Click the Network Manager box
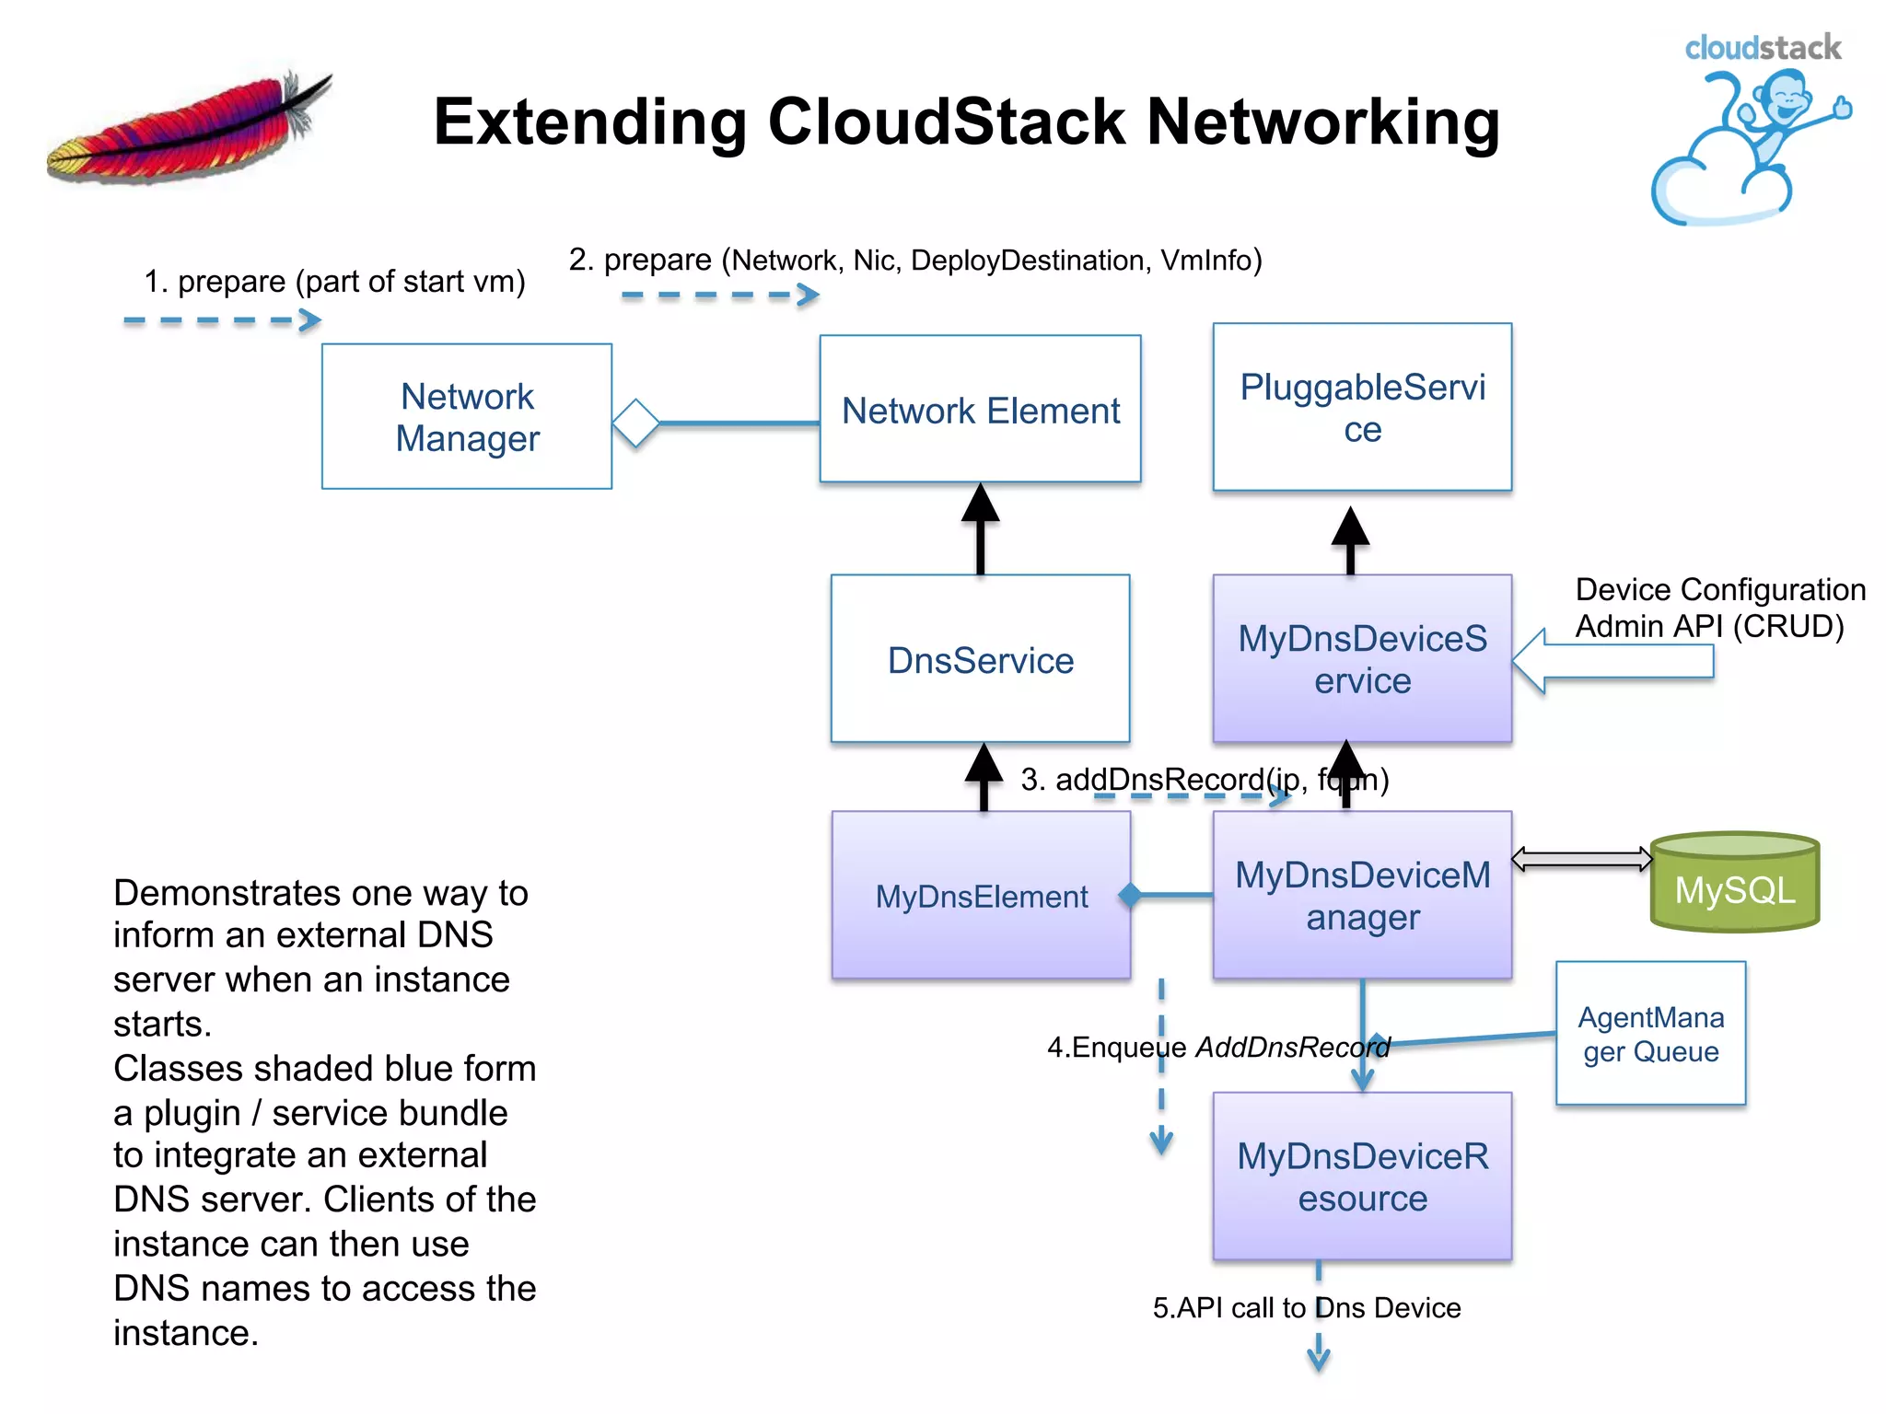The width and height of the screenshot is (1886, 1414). [x=467, y=416]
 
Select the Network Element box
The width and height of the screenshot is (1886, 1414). [x=980, y=409]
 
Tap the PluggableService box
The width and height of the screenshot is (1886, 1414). [x=1362, y=407]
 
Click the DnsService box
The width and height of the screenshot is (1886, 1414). [x=980, y=659]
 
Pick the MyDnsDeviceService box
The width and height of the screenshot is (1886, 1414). [x=1362, y=659]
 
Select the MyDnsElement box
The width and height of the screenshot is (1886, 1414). [x=981, y=895]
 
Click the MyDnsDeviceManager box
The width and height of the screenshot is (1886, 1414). [x=1362, y=895]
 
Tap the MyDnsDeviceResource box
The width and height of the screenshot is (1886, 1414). [x=1362, y=1176]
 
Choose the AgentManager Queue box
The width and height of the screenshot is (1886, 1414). [x=1650, y=1033]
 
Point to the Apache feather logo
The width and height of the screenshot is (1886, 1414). [x=189, y=129]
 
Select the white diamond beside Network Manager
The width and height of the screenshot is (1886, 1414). [x=635, y=423]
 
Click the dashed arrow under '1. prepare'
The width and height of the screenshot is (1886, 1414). [x=222, y=320]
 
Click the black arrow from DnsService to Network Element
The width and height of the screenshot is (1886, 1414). [x=980, y=528]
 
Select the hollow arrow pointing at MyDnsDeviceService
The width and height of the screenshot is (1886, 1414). [x=1612, y=661]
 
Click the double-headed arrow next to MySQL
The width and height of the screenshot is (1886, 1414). [x=1581, y=859]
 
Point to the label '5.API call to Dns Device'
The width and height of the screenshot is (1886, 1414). [x=1306, y=1307]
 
